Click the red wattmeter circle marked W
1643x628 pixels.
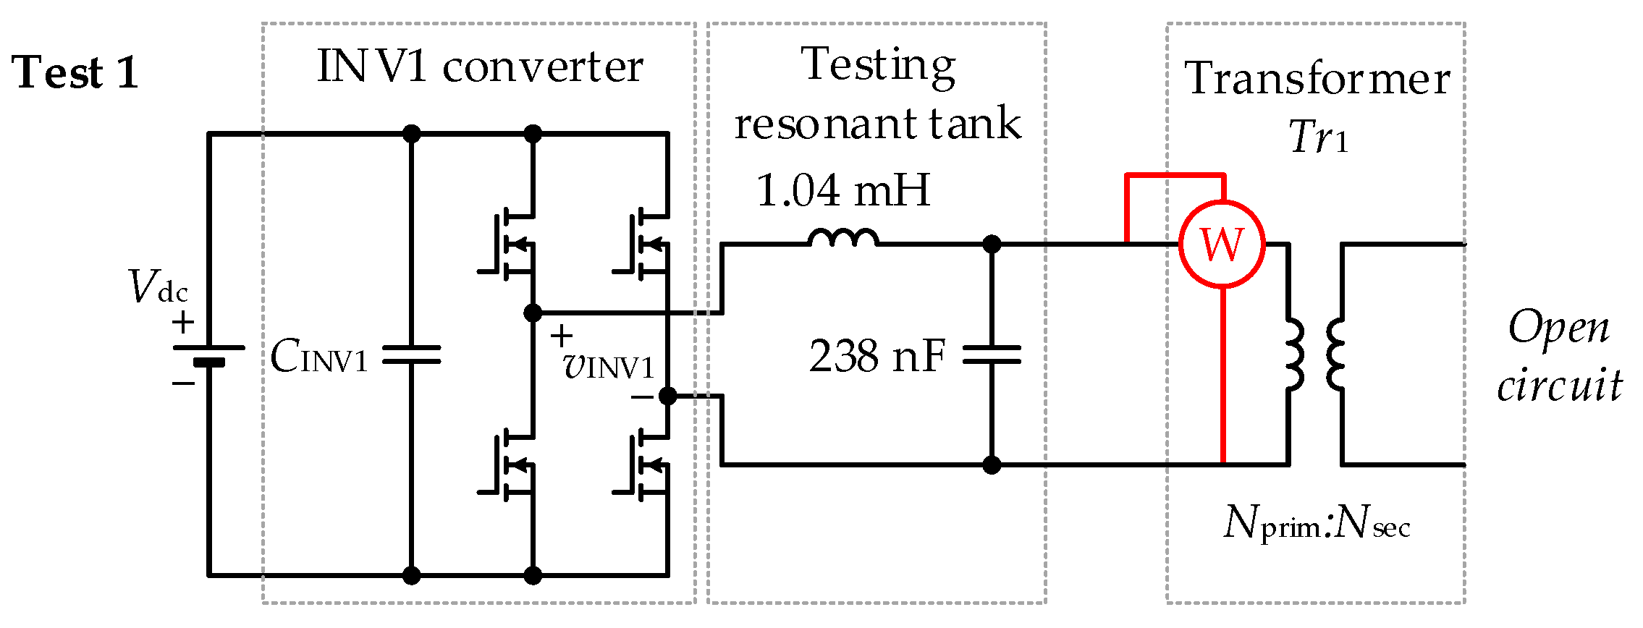pos(1222,245)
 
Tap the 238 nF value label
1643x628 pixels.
pos(877,356)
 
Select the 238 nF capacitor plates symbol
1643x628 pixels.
pos(992,355)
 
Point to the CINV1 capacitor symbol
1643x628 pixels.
pos(411,355)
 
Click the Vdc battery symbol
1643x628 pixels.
pos(208,355)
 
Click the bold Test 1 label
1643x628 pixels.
pos(75,73)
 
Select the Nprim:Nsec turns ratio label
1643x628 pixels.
pos(1317,522)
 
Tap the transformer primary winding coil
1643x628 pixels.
pos(1293,355)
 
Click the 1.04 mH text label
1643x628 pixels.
pos(842,190)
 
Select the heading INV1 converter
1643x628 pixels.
pos(479,67)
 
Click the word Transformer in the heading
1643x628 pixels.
pos(1317,78)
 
